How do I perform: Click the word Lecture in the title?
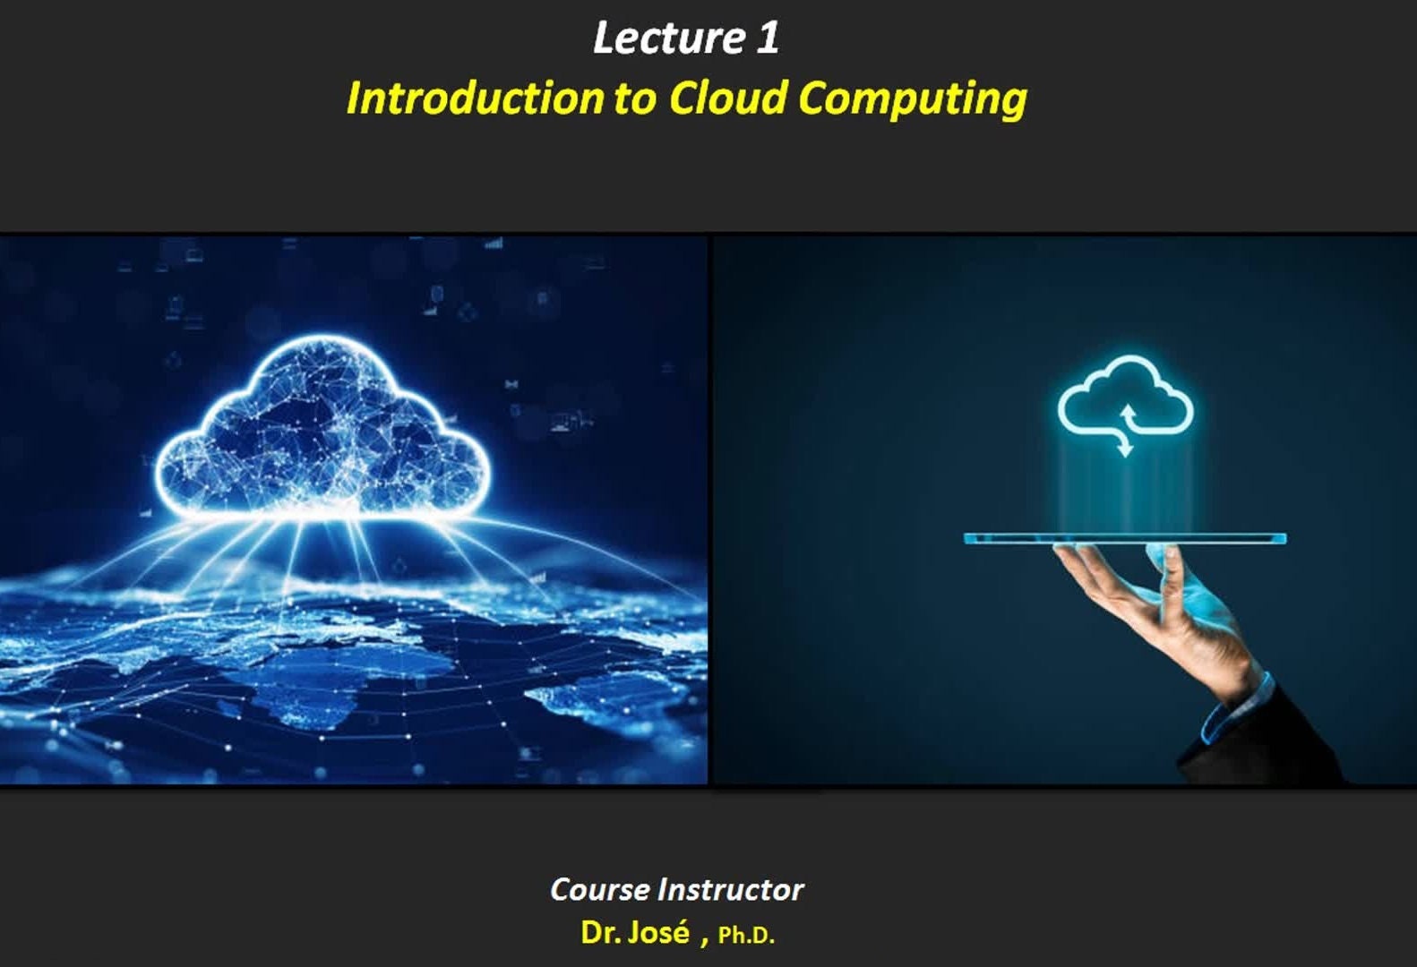coord(668,38)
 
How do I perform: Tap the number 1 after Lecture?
coord(767,38)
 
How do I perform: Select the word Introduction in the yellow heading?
coord(475,98)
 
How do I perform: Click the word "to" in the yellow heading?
coord(634,100)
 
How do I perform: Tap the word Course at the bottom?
coord(600,890)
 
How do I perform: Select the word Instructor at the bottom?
coord(731,890)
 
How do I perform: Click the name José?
coord(658,932)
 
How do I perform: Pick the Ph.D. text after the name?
coord(746,936)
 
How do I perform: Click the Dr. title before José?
coord(601,933)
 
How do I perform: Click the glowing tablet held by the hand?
coord(1125,539)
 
